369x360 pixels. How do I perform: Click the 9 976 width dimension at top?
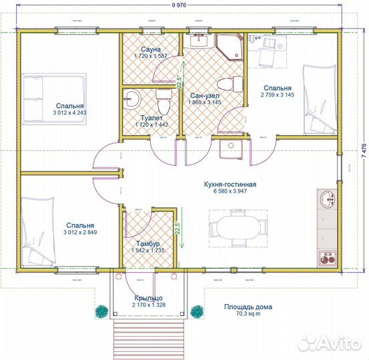tap(179, 5)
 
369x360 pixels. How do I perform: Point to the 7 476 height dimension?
tap(364, 151)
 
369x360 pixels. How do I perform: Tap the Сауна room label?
tap(151, 49)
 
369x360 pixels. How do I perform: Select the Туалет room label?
tap(151, 118)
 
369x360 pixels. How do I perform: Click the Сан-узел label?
tap(205, 96)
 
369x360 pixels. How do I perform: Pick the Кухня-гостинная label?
tap(230, 185)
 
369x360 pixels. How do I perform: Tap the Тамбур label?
tap(148, 243)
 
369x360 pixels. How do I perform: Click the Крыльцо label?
tap(149, 298)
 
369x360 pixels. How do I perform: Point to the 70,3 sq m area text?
tap(248, 314)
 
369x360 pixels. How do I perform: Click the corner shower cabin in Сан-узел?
tap(230, 47)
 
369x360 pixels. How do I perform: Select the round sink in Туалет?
tap(132, 100)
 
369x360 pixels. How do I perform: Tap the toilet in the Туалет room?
tap(163, 101)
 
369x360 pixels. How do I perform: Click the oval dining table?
tap(238, 227)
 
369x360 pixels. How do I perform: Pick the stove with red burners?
tap(327, 259)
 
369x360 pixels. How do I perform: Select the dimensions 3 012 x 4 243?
tap(69, 113)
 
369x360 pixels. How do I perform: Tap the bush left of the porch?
tap(101, 311)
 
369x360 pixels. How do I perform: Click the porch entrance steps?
tap(149, 339)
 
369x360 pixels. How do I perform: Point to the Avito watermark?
tap(330, 343)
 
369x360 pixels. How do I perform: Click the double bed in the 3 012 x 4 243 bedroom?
tap(55, 99)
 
